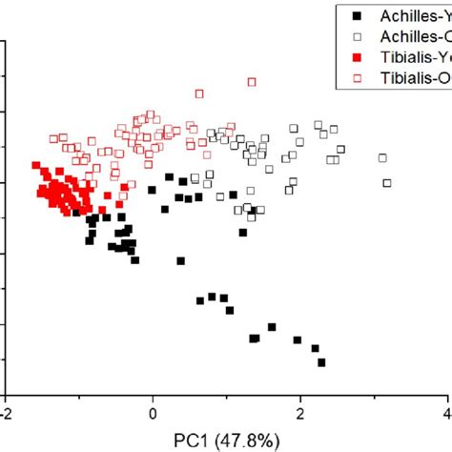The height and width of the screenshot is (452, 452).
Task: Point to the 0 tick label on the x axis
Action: [x=153, y=415]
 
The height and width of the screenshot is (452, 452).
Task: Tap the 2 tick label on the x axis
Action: [x=301, y=415]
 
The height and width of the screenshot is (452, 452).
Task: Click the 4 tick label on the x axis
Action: [x=447, y=415]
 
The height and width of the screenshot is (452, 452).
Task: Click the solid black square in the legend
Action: [x=356, y=15]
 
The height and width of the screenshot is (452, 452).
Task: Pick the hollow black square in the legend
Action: [x=356, y=36]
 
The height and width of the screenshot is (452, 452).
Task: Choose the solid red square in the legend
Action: [x=356, y=57]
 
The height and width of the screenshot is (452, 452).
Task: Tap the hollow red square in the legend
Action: [x=356, y=78]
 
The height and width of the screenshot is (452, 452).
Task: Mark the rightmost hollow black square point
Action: [x=387, y=183]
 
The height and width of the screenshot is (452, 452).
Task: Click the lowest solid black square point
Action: [x=321, y=362]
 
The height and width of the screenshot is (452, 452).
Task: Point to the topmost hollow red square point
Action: [x=252, y=82]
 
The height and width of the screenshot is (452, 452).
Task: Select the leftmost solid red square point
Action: [x=35, y=165]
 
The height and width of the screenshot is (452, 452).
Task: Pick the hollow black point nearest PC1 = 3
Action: [x=382, y=158]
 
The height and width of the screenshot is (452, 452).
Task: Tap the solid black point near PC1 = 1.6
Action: [x=272, y=327]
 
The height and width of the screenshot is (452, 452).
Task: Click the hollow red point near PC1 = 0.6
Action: [x=199, y=93]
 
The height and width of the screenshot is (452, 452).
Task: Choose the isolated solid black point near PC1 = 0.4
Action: [x=180, y=260]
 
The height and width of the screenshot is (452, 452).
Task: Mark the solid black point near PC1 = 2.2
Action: [x=315, y=349]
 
